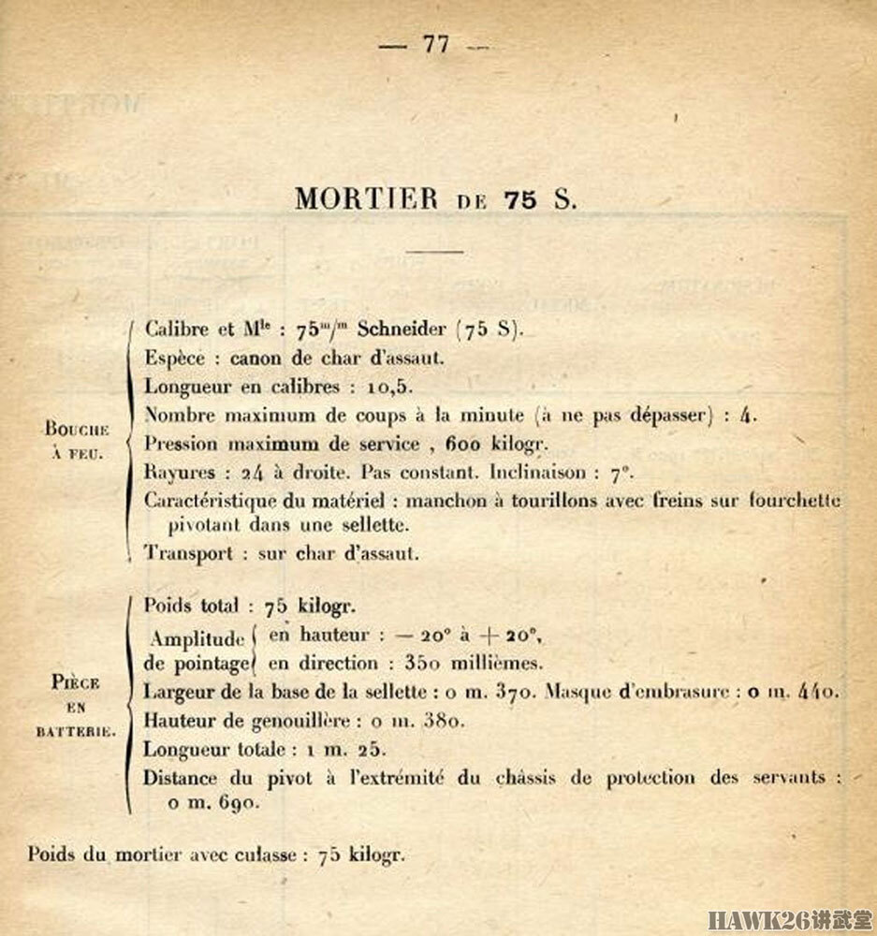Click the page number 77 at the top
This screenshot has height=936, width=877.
pos(436,44)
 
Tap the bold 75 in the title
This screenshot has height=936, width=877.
pos(519,199)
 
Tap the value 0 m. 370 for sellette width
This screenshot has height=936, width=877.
pos(492,694)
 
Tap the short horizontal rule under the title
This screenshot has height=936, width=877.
pos(436,251)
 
